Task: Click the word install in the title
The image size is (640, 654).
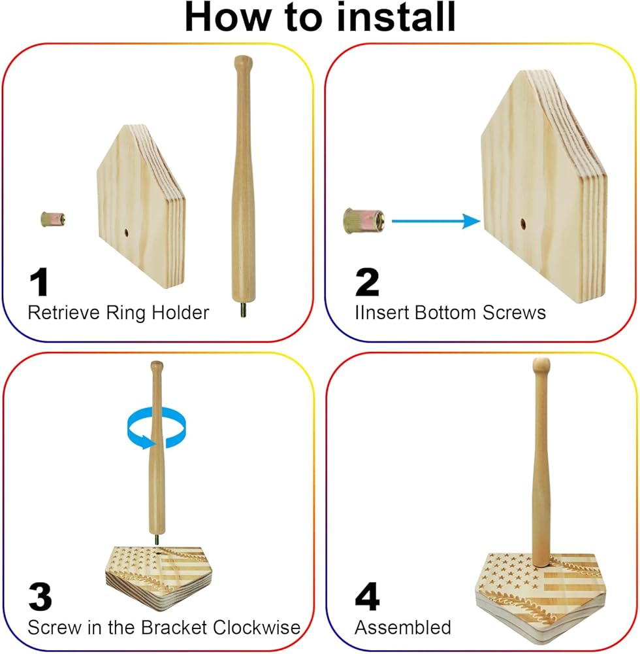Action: point(396,17)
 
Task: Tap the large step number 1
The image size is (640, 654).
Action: point(39,283)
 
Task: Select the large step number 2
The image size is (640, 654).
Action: point(367,283)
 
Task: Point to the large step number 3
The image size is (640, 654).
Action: point(40,596)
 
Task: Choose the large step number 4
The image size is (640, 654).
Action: point(367,596)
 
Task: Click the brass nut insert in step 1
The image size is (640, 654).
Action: point(53,219)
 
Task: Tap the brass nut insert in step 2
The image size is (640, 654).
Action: point(364,221)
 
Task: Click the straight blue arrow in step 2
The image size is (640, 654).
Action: point(436,221)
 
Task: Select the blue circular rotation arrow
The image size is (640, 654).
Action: point(156,428)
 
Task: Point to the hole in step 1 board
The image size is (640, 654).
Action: point(126,232)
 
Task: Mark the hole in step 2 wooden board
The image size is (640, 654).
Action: point(522,224)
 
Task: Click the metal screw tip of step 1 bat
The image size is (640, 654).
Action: point(243,309)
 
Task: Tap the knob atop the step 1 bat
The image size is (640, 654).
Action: point(243,63)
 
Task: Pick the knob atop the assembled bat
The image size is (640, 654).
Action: point(541,366)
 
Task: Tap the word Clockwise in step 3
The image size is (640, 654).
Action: point(257,627)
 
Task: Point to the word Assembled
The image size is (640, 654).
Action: point(403,627)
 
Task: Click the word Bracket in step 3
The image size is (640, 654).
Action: point(174,627)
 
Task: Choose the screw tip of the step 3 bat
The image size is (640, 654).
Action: point(157,540)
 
